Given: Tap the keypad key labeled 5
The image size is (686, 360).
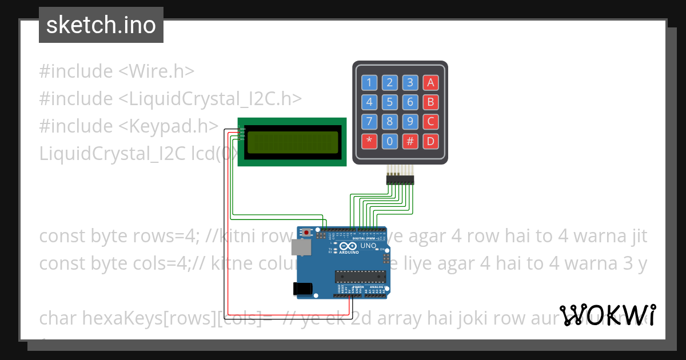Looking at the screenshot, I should click(x=389, y=102).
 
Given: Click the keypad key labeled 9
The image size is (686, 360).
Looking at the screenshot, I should click(x=410, y=121).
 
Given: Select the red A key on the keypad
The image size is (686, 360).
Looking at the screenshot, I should click(x=430, y=82).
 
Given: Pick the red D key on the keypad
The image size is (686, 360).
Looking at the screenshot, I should click(x=430, y=141).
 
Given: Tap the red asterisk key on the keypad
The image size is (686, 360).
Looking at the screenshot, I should click(x=369, y=141).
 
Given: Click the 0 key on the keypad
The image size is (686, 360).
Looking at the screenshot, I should click(x=389, y=141).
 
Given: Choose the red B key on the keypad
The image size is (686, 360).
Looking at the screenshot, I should click(x=430, y=102).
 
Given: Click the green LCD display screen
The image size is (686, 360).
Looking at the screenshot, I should click(x=292, y=143).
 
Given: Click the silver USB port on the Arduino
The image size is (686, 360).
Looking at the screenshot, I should click(x=301, y=247).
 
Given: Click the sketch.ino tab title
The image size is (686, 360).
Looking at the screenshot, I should click(x=101, y=25).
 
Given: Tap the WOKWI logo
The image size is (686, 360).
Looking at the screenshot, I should click(x=608, y=315).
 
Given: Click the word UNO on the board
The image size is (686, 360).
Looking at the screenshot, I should click(x=369, y=246).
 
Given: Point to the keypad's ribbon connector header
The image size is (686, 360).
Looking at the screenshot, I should click(x=400, y=179).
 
